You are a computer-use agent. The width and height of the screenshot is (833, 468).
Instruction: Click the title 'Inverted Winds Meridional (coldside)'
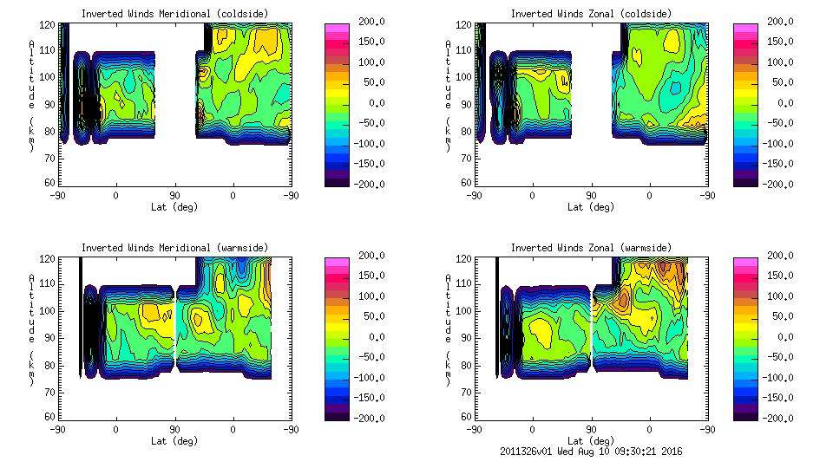(x=174, y=14)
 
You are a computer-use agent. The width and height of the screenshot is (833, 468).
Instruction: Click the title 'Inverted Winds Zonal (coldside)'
(x=591, y=14)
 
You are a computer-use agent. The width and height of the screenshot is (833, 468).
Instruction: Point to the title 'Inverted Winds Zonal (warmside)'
(x=591, y=248)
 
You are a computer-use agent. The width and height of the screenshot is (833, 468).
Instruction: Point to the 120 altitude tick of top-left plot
(x=50, y=25)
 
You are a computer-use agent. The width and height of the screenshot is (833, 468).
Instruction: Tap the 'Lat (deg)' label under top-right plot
(x=591, y=207)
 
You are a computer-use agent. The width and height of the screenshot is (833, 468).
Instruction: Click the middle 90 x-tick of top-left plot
(x=174, y=196)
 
